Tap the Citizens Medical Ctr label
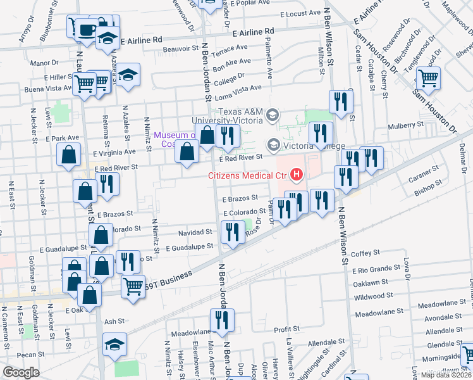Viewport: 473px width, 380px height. pos(249,175)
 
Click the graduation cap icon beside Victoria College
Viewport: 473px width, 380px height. pos(274,145)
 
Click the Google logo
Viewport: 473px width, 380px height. pos(20,372)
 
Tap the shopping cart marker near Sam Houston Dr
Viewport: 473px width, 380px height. pos(428,79)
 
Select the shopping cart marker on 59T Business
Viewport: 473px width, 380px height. pos(133,286)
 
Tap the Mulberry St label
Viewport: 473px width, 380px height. pos(405,125)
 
